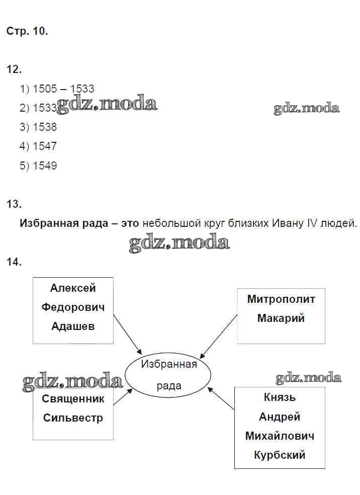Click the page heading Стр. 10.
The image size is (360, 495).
(27, 31)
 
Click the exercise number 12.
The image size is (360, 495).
(14, 69)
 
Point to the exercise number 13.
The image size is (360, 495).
(14, 204)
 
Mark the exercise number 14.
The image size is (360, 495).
(14, 262)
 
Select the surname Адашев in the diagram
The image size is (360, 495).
(73, 326)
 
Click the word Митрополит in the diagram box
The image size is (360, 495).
(281, 299)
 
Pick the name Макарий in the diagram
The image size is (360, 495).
(281, 318)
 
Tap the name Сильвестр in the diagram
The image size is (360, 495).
(73, 418)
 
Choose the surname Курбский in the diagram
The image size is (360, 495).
(280, 455)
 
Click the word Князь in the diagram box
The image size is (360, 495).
(280, 397)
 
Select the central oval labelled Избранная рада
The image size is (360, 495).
(168, 375)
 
